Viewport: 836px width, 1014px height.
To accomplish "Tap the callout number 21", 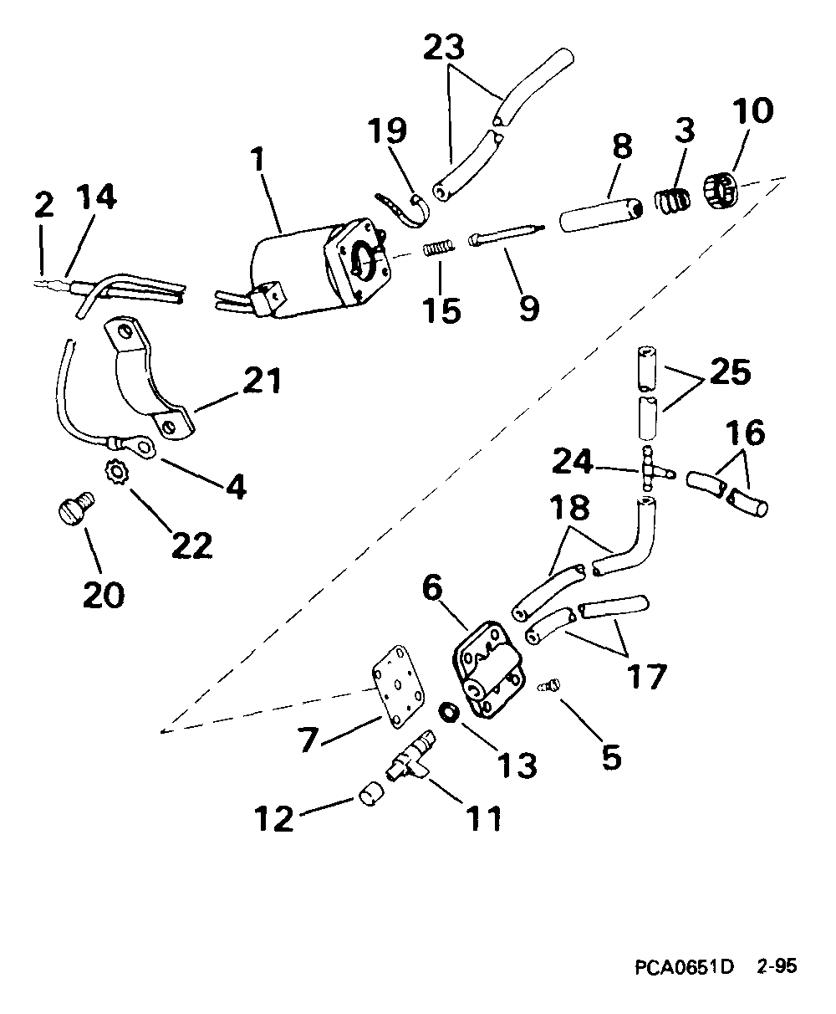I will click(262, 382).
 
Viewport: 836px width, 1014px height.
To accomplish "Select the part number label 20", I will click(103, 593).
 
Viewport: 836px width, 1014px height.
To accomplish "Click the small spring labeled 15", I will click(438, 249).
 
